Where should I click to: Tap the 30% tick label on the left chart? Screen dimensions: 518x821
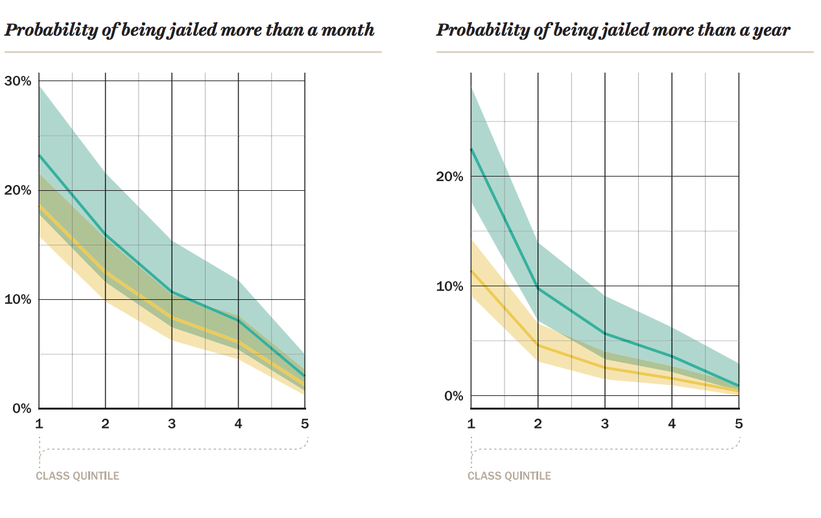(18, 81)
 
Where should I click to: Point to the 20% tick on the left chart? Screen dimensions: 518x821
(18, 190)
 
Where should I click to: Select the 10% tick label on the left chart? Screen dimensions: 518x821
(18, 299)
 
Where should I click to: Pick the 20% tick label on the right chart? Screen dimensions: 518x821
(449, 177)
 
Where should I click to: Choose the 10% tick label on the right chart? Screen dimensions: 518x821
(449, 286)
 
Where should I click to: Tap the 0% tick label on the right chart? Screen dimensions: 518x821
(452, 395)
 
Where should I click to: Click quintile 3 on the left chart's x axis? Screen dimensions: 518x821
(172, 424)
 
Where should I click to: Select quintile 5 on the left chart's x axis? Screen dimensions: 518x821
(305, 424)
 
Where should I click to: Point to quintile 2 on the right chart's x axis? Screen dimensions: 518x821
(538, 424)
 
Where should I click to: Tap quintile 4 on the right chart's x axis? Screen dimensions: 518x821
(672, 424)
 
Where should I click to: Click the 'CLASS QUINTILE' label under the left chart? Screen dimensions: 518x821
(77, 476)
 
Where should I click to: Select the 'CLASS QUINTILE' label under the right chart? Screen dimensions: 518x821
(509, 476)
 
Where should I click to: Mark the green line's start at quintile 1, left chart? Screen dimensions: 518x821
(39, 155)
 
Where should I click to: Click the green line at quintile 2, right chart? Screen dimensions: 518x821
(538, 287)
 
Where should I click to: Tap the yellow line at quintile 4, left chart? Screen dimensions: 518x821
(239, 342)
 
